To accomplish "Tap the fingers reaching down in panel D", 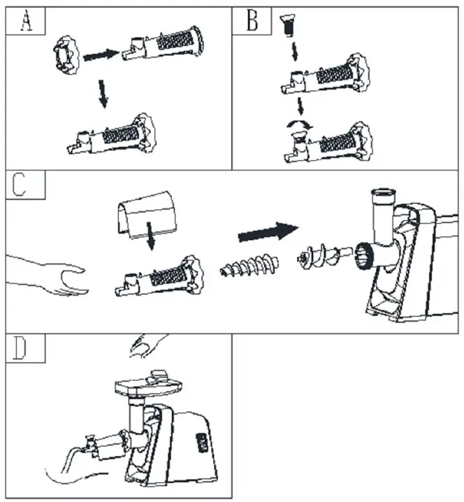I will (x=149, y=344).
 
